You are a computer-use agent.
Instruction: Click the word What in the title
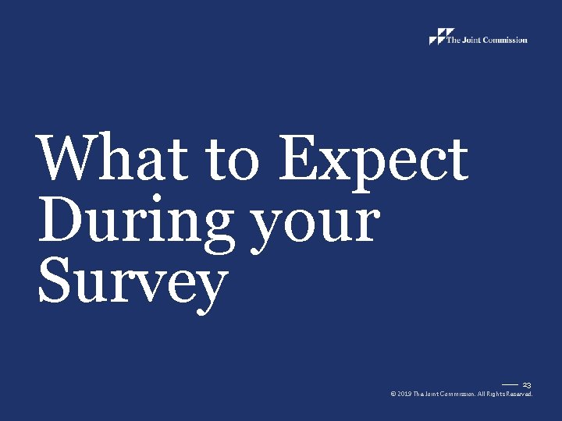click(x=108, y=158)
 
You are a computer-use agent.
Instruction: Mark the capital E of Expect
click(x=299, y=157)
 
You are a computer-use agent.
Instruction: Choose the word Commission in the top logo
click(x=505, y=40)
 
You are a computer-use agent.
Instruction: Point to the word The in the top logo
click(x=453, y=40)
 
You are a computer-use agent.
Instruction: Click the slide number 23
click(x=527, y=385)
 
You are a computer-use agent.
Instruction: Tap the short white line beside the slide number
click(x=510, y=384)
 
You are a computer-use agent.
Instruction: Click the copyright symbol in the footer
click(x=393, y=394)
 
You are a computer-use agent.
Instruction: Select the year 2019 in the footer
click(x=404, y=394)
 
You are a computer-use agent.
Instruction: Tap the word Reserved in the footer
click(x=522, y=394)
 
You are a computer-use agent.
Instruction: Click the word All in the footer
click(x=487, y=394)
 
